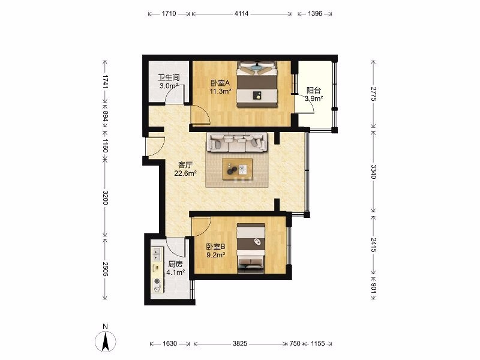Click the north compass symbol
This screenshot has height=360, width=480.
click(106, 339)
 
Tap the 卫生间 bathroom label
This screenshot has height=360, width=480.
click(169, 78)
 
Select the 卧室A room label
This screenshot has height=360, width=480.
click(220, 83)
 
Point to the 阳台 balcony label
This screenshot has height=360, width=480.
click(314, 91)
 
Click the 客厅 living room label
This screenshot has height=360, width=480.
click(185, 165)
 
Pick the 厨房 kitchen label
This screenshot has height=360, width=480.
click(175, 264)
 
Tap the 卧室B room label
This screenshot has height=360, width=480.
click(216, 247)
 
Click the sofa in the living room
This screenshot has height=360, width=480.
click(237, 142)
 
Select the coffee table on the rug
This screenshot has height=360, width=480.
click(237, 169)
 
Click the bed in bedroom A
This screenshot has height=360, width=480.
click(257, 84)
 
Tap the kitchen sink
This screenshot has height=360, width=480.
click(157, 254)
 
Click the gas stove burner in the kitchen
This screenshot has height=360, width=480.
click(157, 281)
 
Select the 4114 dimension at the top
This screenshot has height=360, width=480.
click(242, 13)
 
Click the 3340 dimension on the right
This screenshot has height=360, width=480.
click(373, 172)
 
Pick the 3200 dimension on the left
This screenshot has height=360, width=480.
click(105, 198)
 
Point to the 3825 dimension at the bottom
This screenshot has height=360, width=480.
click(239, 343)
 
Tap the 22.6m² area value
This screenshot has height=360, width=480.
click(185, 173)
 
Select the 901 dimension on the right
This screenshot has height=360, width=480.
click(373, 288)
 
